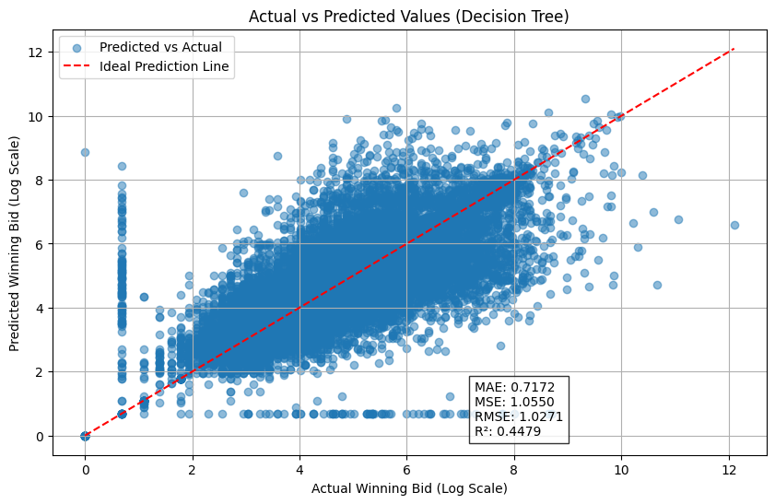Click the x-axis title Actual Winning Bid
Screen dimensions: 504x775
pyautogui.click(x=409, y=487)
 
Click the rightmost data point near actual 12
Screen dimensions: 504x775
pyautogui.click(x=734, y=225)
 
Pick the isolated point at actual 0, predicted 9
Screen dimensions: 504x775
pyautogui.click(x=85, y=152)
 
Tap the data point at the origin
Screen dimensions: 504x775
pyautogui.click(x=85, y=436)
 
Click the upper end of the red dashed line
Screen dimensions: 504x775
pyautogui.click(x=734, y=49)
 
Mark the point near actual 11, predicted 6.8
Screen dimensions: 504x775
pyautogui.click(x=678, y=219)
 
